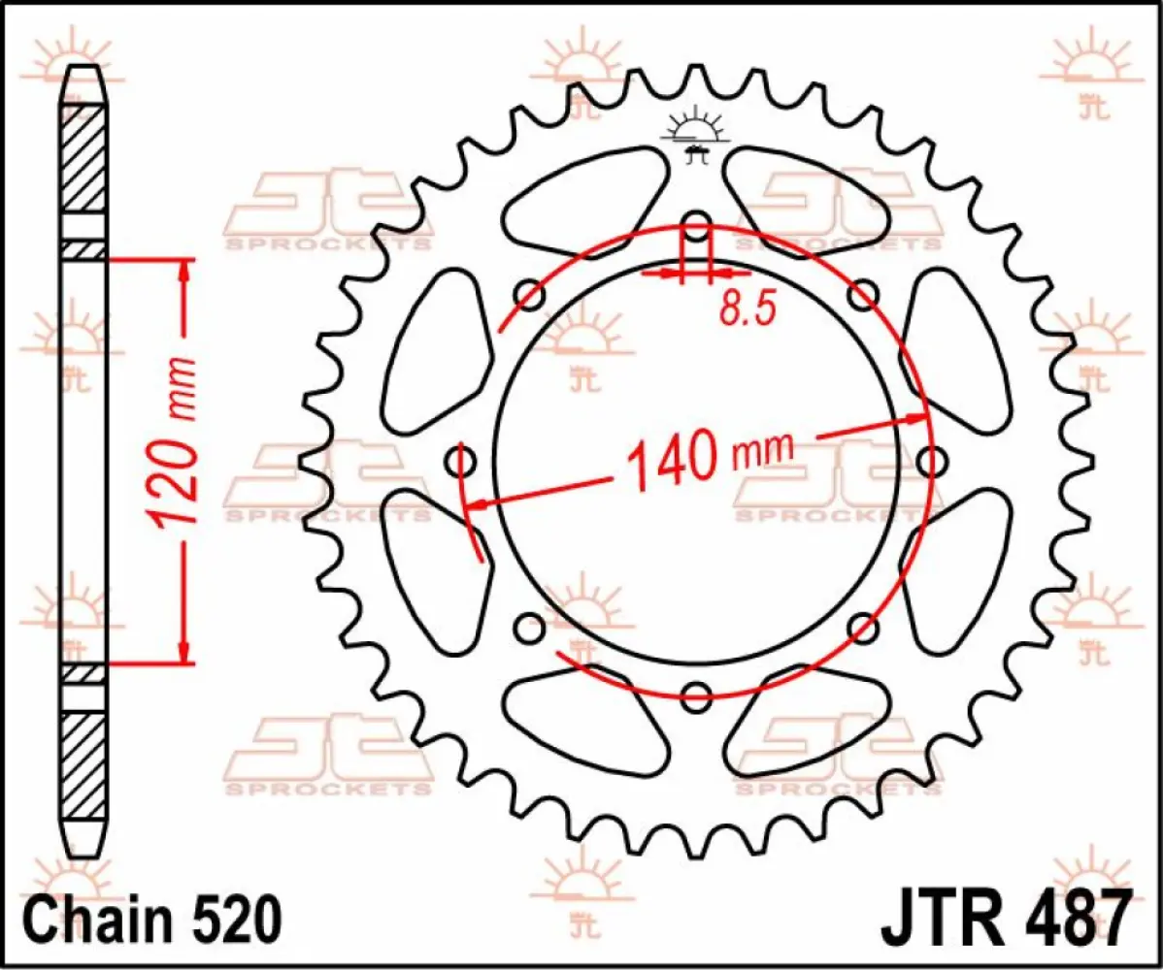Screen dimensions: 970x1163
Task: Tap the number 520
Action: click(x=237, y=916)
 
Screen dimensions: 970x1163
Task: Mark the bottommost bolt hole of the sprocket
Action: click(x=697, y=693)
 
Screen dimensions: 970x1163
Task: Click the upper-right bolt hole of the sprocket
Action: click(x=863, y=293)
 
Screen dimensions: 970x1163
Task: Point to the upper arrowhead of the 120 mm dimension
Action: click(x=182, y=271)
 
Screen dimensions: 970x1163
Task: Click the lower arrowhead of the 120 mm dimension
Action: click(x=182, y=653)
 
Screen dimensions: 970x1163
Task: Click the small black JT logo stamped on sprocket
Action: click(x=693, y=135)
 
